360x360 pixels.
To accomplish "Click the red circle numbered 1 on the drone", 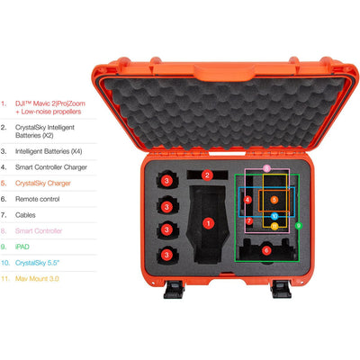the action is click(208, 223).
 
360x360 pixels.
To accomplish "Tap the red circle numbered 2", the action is click(207, 175).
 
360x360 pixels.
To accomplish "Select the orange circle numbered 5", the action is click(274, 200).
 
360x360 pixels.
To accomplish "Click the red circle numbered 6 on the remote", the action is click(266, 250).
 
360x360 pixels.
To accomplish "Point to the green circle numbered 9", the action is click(298, 226).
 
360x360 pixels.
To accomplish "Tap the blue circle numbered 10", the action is click(274, 216).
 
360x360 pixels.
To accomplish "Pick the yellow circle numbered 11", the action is click(274, 226).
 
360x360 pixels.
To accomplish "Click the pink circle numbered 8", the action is click(267, 168).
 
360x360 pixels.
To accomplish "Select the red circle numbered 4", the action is click(247, 200).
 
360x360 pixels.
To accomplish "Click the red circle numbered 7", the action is click(249, 221).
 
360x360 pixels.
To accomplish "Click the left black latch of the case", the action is click(174, 289).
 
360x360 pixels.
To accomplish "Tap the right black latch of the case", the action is click(282, 289).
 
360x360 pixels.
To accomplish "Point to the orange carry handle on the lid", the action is click(224, 72).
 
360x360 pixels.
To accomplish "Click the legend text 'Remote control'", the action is click(38, 199).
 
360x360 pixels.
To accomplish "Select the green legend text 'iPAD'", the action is click(22, 247).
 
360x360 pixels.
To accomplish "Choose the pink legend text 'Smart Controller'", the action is click(39, 230).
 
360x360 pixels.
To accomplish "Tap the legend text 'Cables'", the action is click(25, 215).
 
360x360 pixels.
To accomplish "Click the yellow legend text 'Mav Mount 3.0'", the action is click(37, 278).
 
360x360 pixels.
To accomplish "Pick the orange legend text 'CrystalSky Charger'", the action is click(43, 183).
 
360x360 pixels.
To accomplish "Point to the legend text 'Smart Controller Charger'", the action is click(51, 167).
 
